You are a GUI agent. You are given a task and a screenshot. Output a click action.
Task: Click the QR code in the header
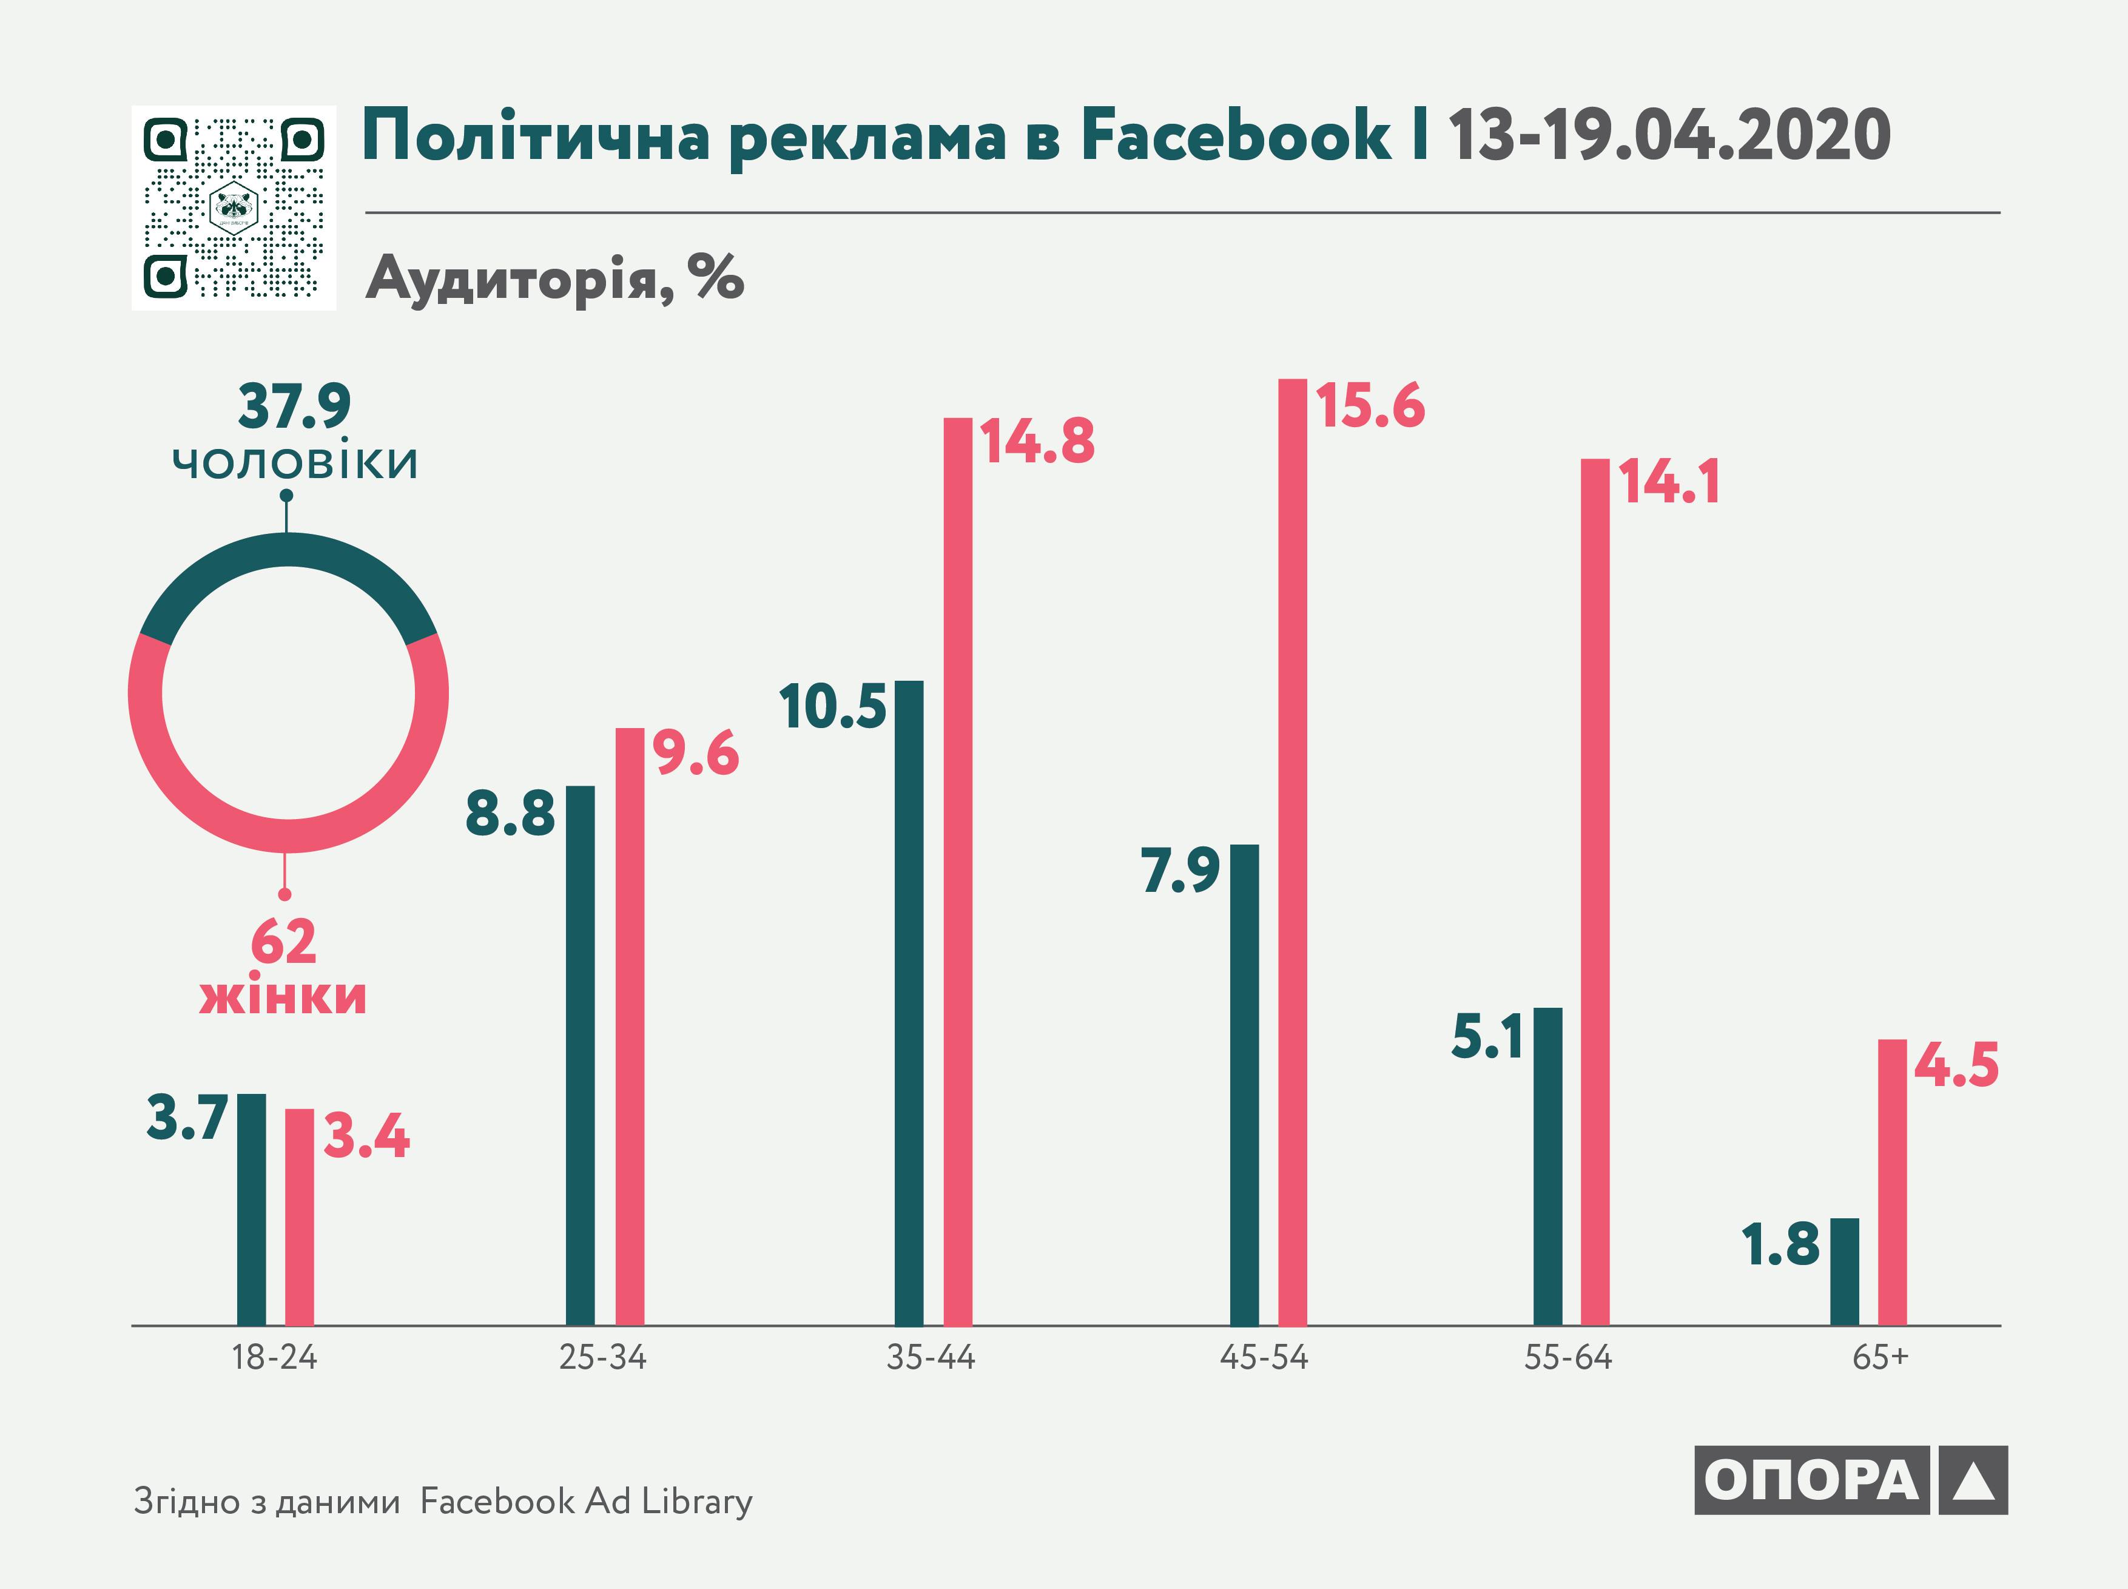234,207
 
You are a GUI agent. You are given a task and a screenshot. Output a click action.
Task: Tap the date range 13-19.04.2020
1668,136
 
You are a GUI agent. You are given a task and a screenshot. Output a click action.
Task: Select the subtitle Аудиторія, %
555,279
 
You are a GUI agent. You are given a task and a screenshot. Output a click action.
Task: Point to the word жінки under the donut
283,996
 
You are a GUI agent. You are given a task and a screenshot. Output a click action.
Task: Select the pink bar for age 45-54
1292,852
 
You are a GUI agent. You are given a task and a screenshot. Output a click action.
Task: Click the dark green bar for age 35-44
909,1004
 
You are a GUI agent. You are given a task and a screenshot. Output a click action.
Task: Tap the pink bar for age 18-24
299,1216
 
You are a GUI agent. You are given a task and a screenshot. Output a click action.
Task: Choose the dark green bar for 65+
1844,1272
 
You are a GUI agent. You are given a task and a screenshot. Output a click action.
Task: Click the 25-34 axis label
603,1357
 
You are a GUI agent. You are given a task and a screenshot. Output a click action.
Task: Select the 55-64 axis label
1567,1357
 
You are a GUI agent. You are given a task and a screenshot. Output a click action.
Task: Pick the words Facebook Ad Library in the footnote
587,1502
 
